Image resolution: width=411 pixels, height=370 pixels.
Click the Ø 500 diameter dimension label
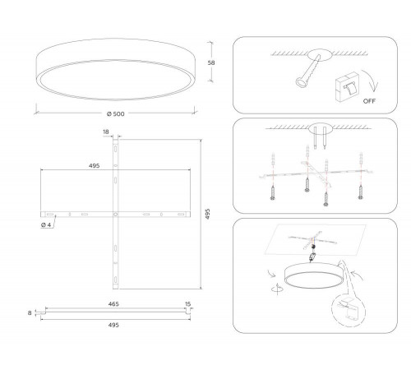coord(116,114)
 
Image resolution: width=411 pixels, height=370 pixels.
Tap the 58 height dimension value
coord(211,62)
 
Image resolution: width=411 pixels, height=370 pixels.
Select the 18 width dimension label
coord(106,132)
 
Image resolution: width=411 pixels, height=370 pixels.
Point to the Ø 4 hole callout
coord(46,225)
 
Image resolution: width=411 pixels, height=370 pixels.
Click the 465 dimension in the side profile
coord(113,304)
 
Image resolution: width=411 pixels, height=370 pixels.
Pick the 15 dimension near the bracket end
coord(187,304)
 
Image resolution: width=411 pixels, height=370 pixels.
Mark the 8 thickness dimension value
coord(30,312)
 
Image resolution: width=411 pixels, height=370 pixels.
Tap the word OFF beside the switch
coord(369,101)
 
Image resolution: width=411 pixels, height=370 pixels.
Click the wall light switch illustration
coord(347,87)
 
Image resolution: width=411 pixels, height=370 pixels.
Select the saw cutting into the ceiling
coord(308,72)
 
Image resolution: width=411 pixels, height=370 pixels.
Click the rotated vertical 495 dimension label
coord(208,214)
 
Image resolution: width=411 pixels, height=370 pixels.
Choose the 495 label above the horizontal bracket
coord(94,166)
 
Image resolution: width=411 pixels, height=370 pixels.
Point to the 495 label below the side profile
coord(113,325)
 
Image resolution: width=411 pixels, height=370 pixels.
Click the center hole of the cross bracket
coord(116,214)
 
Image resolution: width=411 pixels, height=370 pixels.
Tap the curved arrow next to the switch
coord(371,80)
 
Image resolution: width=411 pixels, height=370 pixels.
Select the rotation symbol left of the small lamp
coord(277,289)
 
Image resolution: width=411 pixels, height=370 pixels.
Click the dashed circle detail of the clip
coord(349,311)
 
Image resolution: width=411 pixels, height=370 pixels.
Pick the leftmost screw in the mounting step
coord(273,193)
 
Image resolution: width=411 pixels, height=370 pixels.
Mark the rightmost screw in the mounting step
coord(361,192)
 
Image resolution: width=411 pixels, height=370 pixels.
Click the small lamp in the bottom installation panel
coord(314,276)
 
